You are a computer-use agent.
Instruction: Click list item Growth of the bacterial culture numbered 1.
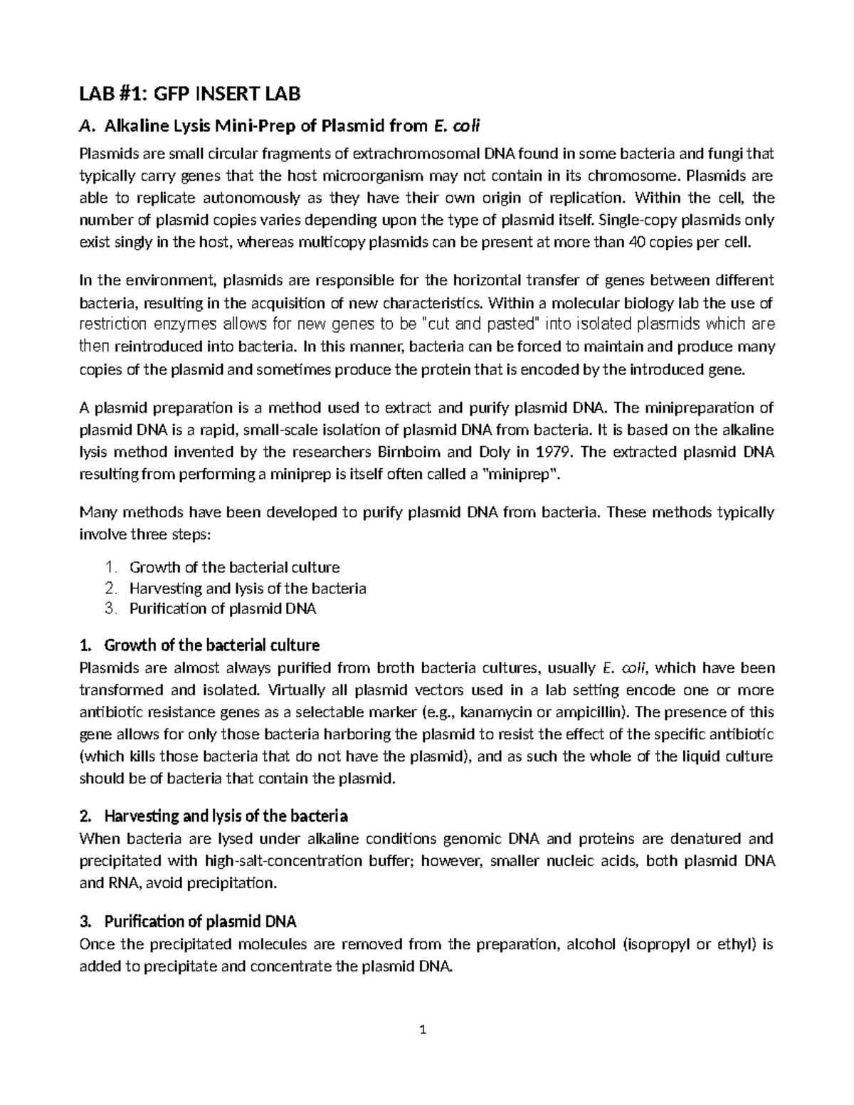tap(234, 567)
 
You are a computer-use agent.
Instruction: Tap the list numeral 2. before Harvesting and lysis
tap(109, 588)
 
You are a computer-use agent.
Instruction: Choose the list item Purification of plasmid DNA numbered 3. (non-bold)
tap(223, 609)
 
